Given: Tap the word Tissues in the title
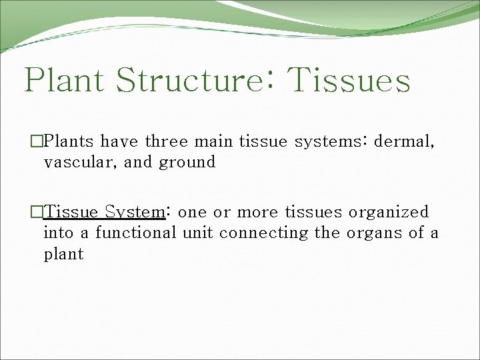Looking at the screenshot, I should [351, 81].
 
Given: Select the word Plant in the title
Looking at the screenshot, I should [65, 81].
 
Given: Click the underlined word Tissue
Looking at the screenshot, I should [71, 212].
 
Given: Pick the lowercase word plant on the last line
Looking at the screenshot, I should [64, 255].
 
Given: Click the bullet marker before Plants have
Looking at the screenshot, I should [37, 141].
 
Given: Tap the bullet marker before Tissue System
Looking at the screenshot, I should [37, 212].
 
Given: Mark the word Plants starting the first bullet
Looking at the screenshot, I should [70, 141].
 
